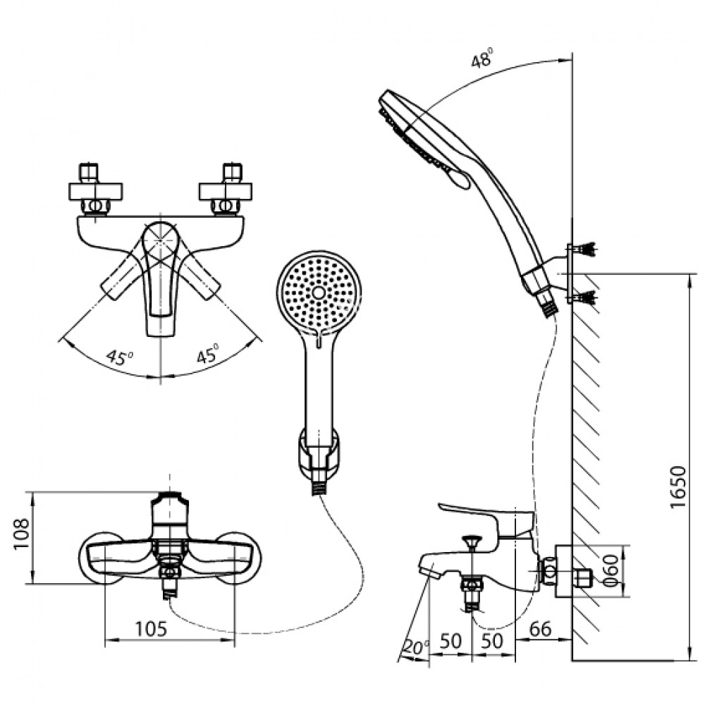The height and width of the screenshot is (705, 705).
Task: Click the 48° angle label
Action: coord(482,59)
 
